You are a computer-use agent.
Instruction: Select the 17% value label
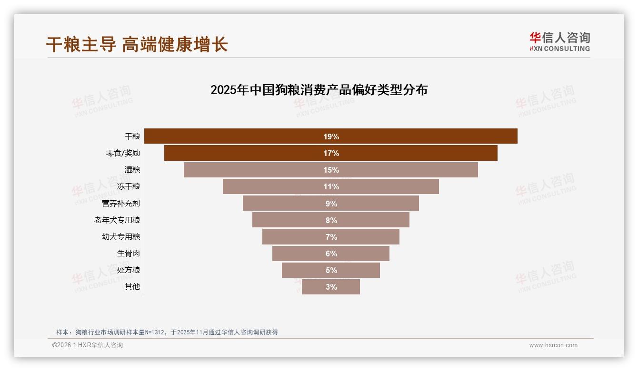click(331, 153)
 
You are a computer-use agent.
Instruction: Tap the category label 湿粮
click(132, 170)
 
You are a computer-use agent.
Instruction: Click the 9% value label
click(331, 204)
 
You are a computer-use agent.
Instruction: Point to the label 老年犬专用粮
click(117, 220)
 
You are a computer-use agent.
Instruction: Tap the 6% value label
click(331, 254)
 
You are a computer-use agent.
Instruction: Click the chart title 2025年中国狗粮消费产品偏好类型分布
click(319, 90)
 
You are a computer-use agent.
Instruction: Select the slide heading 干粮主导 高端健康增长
click(137, 45)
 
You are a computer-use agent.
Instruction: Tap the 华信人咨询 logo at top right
click(559, 42)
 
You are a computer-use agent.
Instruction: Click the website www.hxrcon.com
click(553, 345)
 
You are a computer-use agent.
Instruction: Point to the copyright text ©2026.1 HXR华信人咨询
click(88, 345)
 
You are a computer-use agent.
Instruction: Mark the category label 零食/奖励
click(123, 153)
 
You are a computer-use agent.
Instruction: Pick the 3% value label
click(331, 287)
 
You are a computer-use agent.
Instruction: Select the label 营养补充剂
click(121, 204)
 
